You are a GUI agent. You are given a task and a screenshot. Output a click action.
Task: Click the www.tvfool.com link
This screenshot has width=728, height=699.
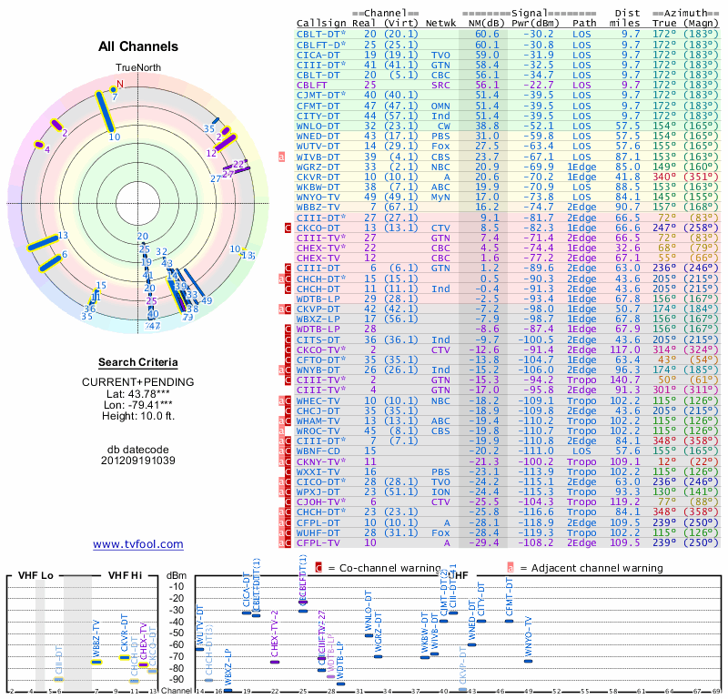pos(138,544)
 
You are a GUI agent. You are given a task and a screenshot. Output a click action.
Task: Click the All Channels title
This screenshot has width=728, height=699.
pos(138,46)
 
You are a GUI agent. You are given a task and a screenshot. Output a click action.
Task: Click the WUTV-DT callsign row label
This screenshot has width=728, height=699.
pos(318,146)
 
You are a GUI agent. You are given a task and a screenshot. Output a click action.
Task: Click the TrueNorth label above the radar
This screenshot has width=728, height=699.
pos(137,68)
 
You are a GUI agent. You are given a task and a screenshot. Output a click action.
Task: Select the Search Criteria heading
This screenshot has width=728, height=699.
pos(138,362)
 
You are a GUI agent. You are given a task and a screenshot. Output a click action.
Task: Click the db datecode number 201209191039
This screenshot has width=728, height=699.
pos(138,460)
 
